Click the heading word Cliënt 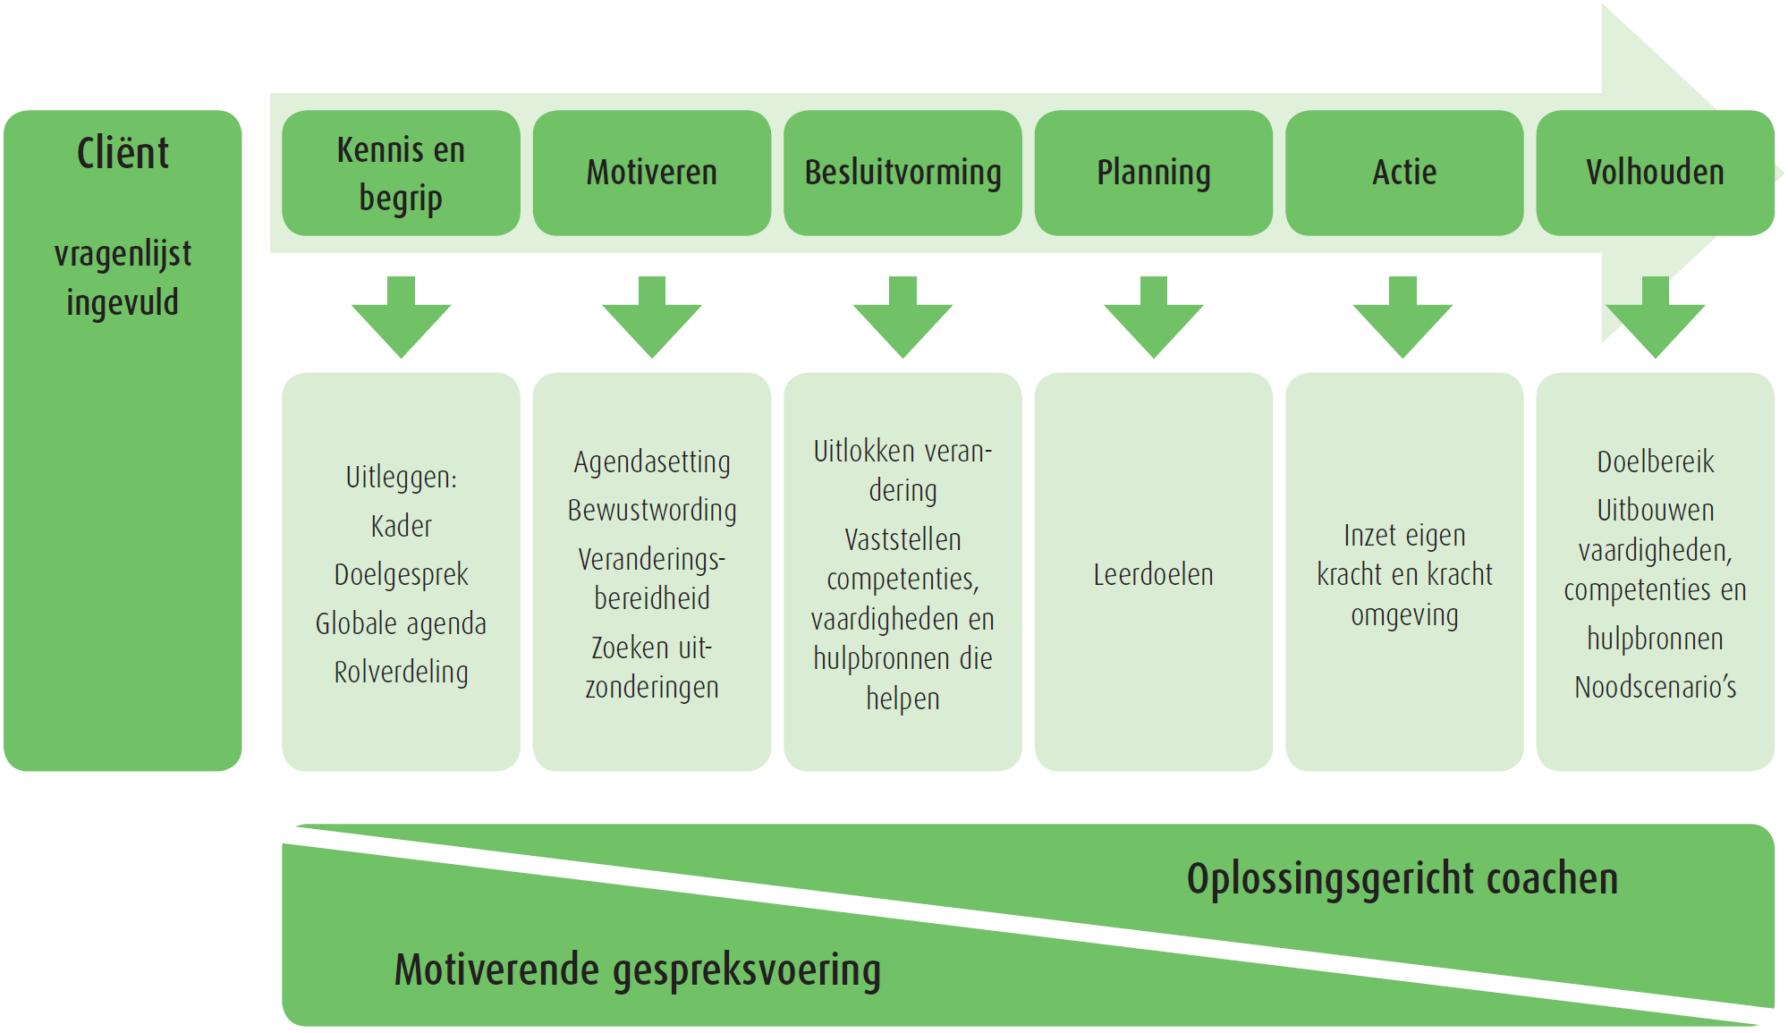pos(123,153)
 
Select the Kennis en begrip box pos(401,173)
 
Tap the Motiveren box pos(651,173)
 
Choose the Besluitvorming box pos(902,173)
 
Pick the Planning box pos(1153,173)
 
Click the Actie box pos(1404,173)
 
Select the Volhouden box pos(1655,173)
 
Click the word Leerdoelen pos(1153,574)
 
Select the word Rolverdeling pos(401,672)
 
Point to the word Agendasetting pos(652,461)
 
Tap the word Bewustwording pos(652,510)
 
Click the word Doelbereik pos(1656,461)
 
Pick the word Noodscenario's pos(1656,687)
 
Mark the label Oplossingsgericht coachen pos(1402,878)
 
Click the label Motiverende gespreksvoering pos(638,969)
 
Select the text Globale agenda pos(401,623)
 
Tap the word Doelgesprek pos(401,574)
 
